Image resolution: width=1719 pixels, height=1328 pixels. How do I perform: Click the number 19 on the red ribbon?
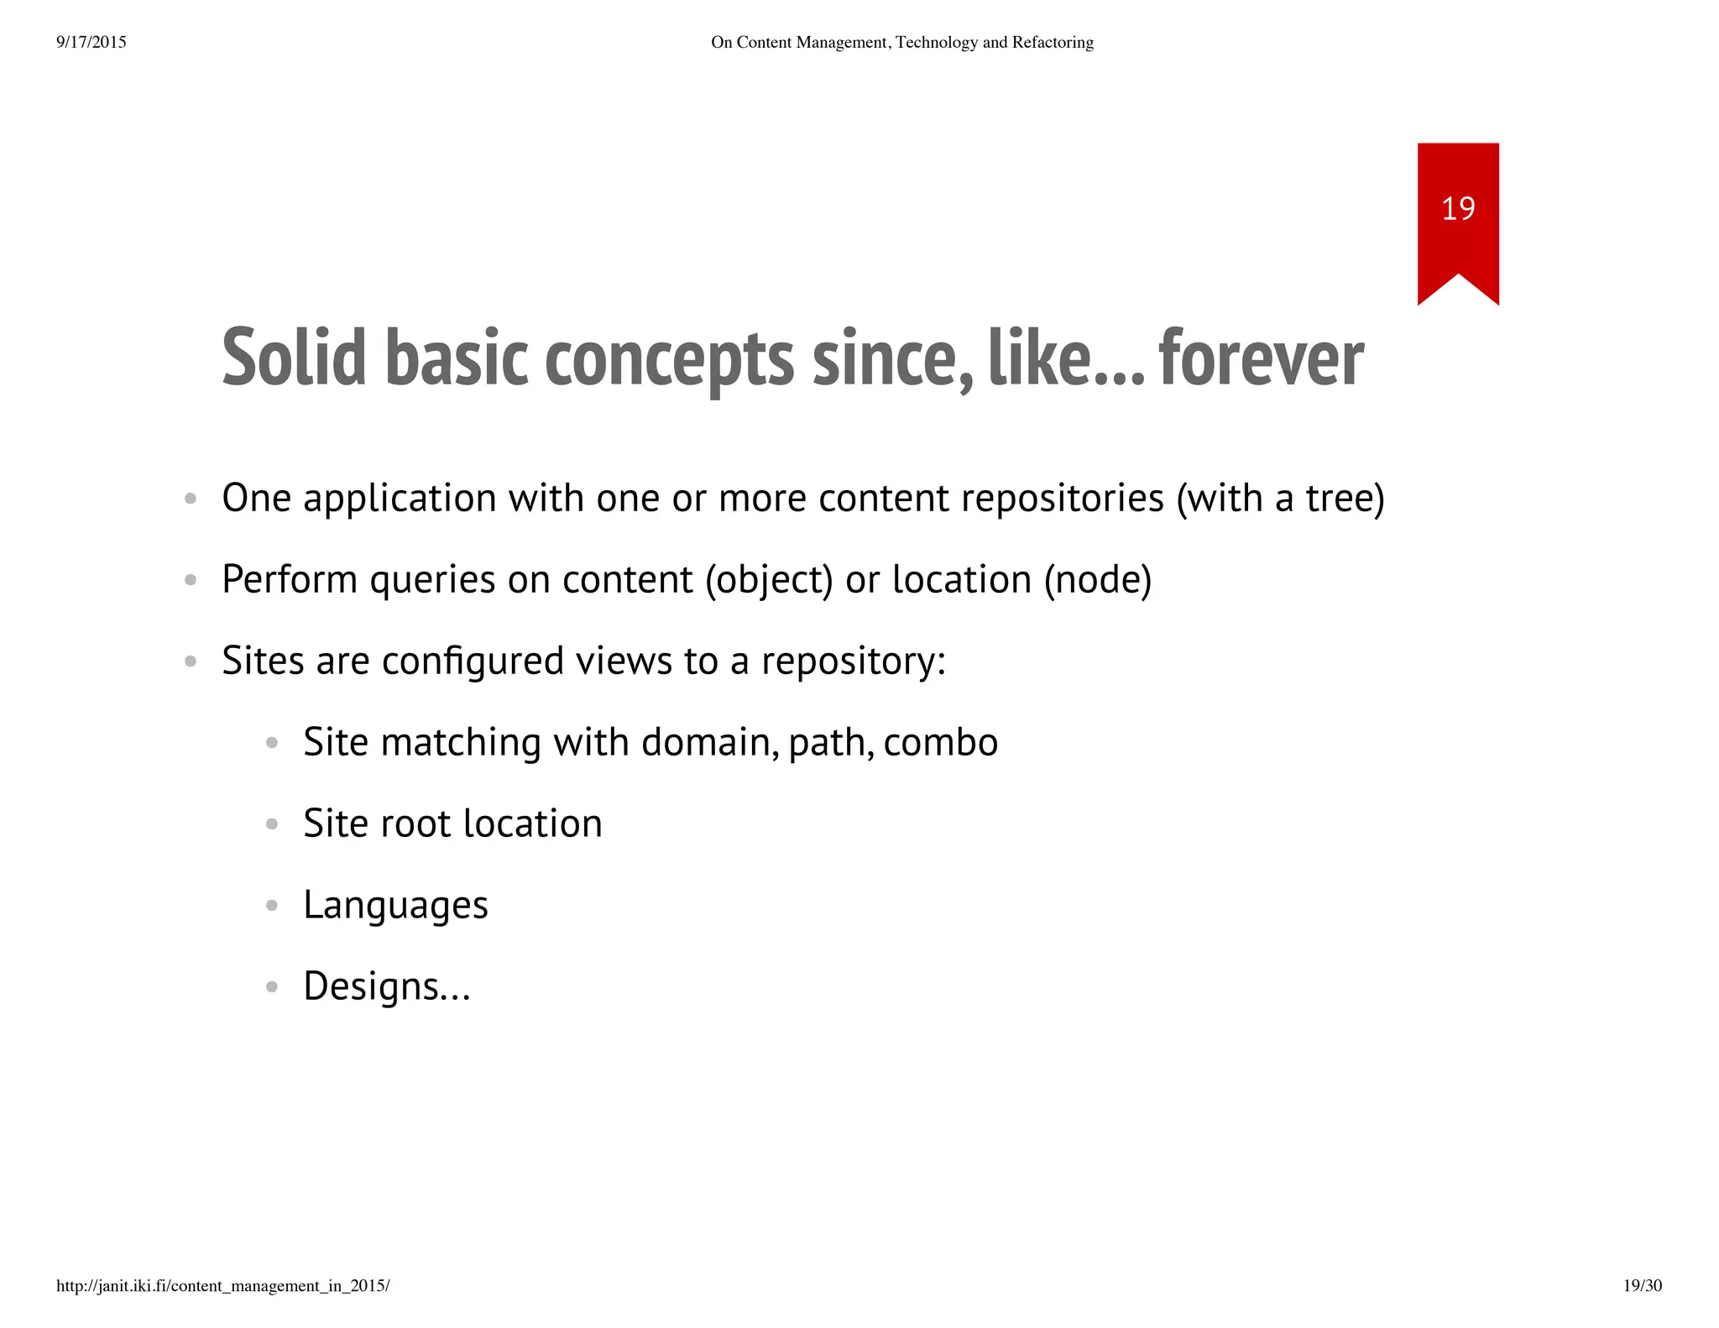(1458, 208)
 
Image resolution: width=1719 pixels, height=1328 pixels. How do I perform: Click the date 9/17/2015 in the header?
(91, 42)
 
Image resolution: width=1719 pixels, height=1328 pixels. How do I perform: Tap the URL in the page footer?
(222, 1285)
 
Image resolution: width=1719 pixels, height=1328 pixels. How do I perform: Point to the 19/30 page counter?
(1642, 1285)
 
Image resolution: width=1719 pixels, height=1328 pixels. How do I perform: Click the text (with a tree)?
(1280, 499)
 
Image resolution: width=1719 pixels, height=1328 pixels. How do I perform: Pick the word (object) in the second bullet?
(769, 580)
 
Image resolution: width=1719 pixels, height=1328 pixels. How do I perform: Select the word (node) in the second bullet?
(1098, 580)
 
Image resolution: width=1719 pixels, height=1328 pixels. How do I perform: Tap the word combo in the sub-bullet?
(940, 742)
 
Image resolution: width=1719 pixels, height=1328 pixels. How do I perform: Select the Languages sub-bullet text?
(395, 906)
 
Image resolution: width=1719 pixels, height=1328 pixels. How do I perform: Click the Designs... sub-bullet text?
(386, 986)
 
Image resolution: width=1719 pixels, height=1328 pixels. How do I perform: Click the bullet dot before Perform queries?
(191, 580)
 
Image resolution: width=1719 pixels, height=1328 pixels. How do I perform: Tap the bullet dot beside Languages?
(271, 906)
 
